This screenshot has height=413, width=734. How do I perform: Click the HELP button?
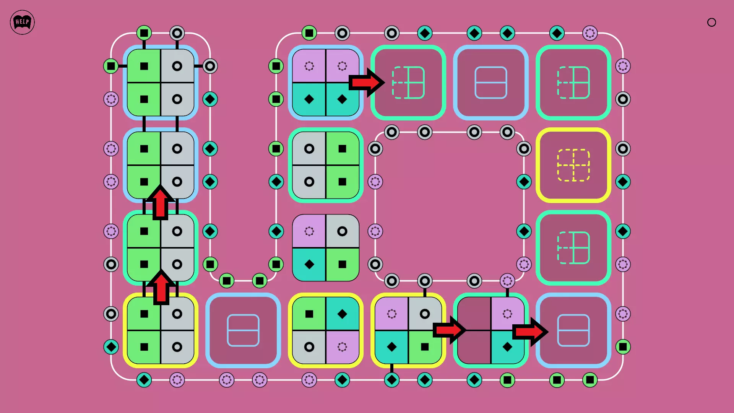[x=22, y=22]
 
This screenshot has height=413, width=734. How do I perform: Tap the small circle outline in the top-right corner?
[x=711, y=22]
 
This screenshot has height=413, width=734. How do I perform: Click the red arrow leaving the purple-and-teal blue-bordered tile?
[x=366, y=82]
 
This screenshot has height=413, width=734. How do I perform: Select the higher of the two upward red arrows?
[x=160, y=203]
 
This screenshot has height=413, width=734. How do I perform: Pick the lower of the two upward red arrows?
[x=161, y=288]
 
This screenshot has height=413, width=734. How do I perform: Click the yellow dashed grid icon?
[x=573, y=165]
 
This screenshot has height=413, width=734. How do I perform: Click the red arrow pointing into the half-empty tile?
[x=449, y=330]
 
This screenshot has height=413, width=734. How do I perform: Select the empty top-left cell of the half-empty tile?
[x=474, y=314]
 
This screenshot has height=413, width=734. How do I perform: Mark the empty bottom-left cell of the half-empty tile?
[x=474, y=347]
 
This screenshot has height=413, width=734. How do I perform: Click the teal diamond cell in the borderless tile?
[x=309, y=264]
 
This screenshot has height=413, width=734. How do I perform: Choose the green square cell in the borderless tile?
[x=342, y=264]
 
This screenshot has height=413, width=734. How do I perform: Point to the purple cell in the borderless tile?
[x=309, y=231]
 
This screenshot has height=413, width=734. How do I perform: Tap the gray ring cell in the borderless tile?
[x=342, y=231]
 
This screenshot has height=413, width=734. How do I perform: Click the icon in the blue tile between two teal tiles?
[x=491, y=83]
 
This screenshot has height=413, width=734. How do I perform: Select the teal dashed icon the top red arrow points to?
[x=408, y=83]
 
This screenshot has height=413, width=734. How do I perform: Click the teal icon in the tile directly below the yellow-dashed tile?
[x=573, y=248]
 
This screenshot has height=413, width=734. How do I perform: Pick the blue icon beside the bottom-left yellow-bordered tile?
[x=243, y=330]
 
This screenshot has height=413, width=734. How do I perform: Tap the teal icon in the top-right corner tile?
[x=573, y=83]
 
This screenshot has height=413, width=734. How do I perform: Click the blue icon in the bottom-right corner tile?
[x=573, y=330]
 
